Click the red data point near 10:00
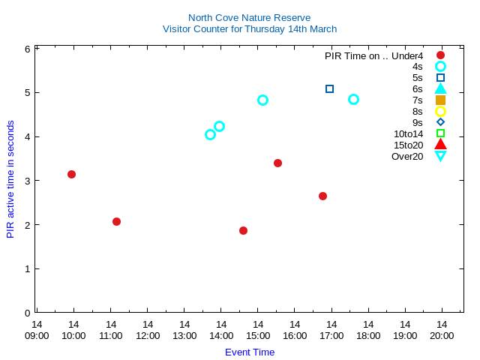71,174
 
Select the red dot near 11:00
116,221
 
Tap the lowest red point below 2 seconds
243,230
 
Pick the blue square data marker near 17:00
329,88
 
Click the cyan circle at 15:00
262,100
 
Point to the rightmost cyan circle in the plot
353,99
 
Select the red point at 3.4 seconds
277,163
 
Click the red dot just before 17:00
322,196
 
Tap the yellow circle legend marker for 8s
440,111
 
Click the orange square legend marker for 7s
440,100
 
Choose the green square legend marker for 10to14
440,133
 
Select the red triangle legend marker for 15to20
440,145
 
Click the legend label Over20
407,156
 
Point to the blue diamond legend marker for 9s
440,122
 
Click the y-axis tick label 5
27,93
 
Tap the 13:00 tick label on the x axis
184,330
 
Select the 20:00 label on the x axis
442,330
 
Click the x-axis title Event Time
250,352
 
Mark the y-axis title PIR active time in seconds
10,179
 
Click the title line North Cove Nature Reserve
249,17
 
